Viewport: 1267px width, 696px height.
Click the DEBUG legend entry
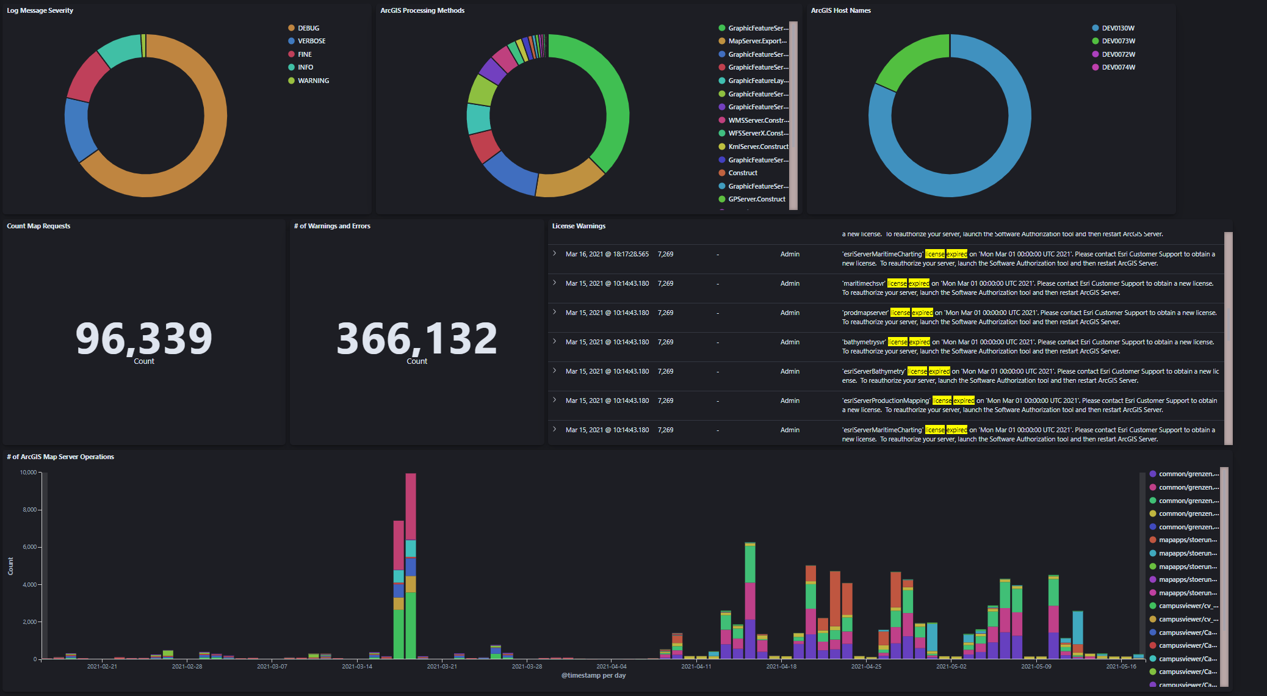[308, 28]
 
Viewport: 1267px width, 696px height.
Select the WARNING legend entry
[313, 81]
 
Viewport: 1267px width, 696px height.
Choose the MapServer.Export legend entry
[757, 41]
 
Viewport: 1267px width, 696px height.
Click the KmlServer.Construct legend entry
[758, 147]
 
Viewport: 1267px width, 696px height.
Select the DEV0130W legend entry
[1117, 28]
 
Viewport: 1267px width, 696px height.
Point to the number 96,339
[144, 338]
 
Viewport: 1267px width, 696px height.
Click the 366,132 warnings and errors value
[417, 338]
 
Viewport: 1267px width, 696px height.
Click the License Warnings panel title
[579, 226]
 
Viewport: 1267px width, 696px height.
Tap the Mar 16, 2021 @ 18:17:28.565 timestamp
[607, 254]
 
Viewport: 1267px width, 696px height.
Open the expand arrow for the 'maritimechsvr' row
[554, 283]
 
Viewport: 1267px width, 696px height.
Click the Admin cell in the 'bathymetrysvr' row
[790, 342]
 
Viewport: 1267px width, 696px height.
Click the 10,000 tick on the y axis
[28, 473]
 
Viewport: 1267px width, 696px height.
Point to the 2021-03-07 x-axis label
[272, 666]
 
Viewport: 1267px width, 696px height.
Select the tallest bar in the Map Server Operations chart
[411, 568]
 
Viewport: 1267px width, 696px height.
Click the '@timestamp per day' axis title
[593, 675]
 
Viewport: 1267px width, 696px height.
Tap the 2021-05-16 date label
[1121, 666]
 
